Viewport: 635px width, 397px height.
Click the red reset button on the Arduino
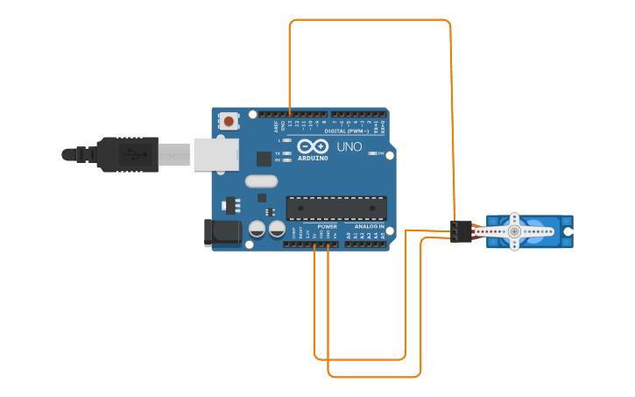pyautogui.click(x=229, y=121)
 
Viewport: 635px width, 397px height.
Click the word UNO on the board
pyautogui.click(x=349, y=146)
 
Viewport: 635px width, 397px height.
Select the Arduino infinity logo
pyautogui.click(x=313, y=146)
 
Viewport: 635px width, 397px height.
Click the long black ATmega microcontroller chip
pyautogui.click(x=336, y=208)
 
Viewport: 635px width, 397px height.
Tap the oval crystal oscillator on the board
pyautogui.click(x=261, y=181)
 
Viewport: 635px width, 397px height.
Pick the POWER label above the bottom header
pyautogui.click(x=327, y=226)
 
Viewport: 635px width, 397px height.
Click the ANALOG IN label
pyautogui.click(x=370, y=226)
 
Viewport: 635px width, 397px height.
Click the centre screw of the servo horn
pyautogui.click(x=514, y=231)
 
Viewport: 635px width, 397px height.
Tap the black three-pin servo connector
pyautogui.click(x=461, y=231)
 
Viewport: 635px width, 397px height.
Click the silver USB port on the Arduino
pyautogui.click(x=215, y=154)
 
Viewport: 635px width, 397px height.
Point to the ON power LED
pyautogui.click(x=380, y=152)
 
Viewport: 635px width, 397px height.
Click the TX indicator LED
pyautogui.click(x=286, y=153)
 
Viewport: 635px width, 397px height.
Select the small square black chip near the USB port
pyautogui.click(x=264, y=159)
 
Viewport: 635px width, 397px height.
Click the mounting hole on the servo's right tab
pyautogui.click(x=568, y=231)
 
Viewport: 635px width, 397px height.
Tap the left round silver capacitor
pyautogui.click(x=258, y=229)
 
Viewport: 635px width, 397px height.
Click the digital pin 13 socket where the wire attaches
pyautogui.click(x=290, y=115)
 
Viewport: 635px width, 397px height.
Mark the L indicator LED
pyautogui.click(x=286, y=140)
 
